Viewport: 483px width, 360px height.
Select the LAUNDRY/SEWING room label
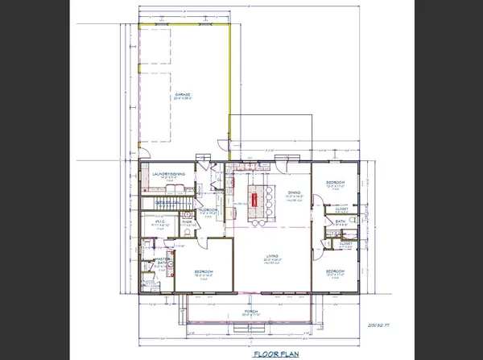click(x=170, y=174)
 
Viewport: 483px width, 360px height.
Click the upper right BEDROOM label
click(x=336, y=184)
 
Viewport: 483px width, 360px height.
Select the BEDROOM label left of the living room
click(x=204, y=271)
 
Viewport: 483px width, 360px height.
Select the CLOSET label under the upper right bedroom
click(x=341, y=207)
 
